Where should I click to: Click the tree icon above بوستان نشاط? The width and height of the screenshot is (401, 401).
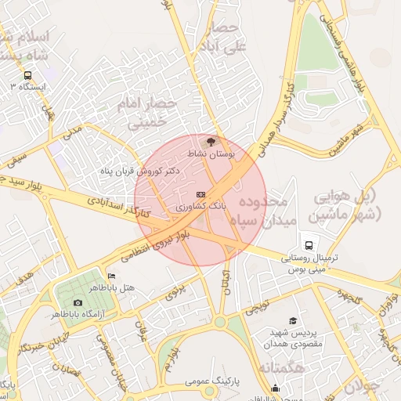click(209, 142)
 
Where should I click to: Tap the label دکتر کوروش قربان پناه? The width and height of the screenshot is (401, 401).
click(140, 170)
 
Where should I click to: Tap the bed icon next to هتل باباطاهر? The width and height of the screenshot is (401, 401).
click(111, 276)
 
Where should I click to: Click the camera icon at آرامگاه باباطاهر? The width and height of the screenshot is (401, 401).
click(78, 302)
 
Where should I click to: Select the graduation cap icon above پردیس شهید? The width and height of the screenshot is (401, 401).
click(293, 320)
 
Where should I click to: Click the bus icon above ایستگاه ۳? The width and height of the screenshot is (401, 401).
click(28, 75)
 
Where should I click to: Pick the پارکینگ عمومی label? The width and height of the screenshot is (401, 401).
click(212, 381)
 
